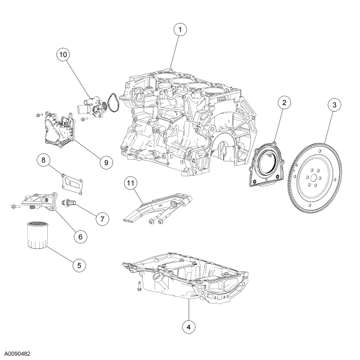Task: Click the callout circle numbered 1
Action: tap(180, 30)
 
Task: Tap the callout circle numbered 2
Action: tap(284, 102)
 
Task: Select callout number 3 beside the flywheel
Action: tap(335, 105)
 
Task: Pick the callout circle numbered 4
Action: tap(189, 327)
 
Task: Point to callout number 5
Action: tap(79, 266)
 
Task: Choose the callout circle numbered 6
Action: tap(80, 236)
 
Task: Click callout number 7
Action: tap(102, 219)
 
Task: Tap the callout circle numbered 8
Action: tap(43, 160)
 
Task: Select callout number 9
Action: tap(106, 163)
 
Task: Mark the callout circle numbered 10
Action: tap(63, 55)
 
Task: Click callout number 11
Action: tap(130, 183)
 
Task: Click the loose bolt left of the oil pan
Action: tap(139, 286)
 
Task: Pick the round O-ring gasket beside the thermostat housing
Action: tap(114, 102)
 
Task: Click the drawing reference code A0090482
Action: tap(18, 354)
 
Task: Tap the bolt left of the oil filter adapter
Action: tap(16, 207)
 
